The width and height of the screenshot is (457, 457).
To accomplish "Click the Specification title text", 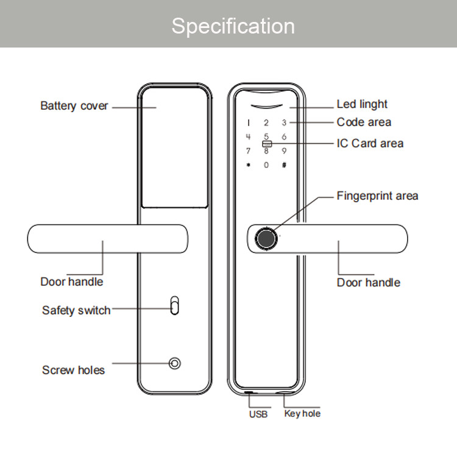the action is tap(233, 27).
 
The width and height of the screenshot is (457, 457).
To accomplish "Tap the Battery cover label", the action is tap(74, 106).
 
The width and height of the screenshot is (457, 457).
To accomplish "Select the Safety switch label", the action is tap(76, 310).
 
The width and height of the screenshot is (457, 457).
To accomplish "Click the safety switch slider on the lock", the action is tap(175, 305).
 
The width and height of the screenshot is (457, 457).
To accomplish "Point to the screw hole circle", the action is tap(175, 363).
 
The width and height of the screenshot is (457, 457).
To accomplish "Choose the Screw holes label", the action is tap(73, 370).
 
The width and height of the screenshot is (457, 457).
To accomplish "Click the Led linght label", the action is tap(362, 104).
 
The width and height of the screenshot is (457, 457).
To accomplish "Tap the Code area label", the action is tap(364, 122).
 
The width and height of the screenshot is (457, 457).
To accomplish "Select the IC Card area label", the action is tap(370, 143).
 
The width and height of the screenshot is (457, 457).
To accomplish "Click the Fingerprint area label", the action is tap(377, 196).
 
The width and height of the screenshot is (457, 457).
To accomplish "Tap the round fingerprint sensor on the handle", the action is tap(266, 239).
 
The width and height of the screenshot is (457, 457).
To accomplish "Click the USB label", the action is tap(258, 414).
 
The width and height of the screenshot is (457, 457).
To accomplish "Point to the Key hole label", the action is tap(302, 414).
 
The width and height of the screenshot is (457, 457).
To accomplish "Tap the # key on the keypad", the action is tap(284, 165).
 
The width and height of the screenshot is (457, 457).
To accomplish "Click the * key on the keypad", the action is tap(249, 165).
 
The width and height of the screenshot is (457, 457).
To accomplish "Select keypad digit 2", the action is tap(266, 123).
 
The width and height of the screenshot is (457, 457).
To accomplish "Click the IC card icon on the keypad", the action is tap(267, 144).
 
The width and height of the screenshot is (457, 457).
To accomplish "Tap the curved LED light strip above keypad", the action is tap(267, 107).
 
